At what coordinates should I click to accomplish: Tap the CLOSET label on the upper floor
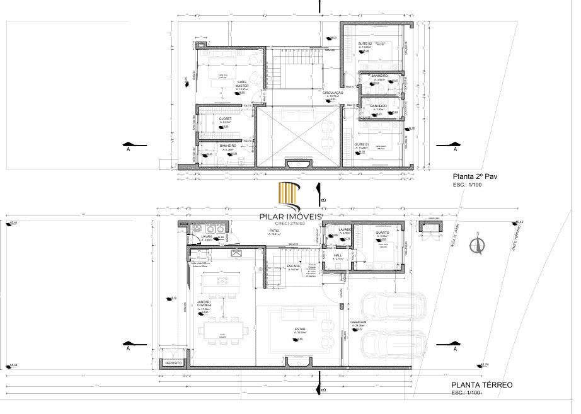(x=225, y=118)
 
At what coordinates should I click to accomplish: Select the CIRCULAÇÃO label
(x=333, y=93)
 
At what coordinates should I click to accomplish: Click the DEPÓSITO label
(x=173, y=364)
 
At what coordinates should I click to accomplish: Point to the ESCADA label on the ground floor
(x=293, y=266)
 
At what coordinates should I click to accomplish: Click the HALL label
(x=337, y=255)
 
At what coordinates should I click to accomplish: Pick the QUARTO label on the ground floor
(x=382, y=232)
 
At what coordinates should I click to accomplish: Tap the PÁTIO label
(x=274, y=231)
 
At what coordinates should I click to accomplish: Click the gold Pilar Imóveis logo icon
(x=290, y=195)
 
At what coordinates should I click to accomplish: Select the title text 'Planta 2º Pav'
(x=471, y=177)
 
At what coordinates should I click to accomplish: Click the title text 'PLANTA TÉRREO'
(x=482, y=384)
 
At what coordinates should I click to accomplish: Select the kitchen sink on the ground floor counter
(x=237, y=253)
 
